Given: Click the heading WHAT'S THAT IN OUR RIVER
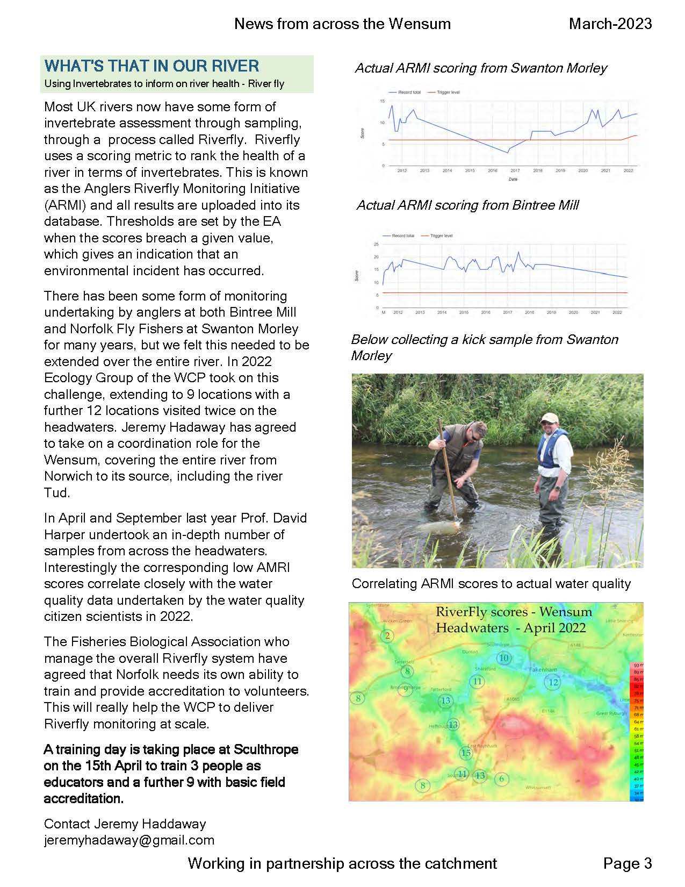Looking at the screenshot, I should (x=152, y=66).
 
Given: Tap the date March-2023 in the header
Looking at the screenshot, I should (x=610, y=24).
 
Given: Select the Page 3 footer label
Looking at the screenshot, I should (x=627, y=863).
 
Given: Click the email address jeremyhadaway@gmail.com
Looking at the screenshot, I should (x=129, y=840).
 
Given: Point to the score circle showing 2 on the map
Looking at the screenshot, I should (x=387, y=636).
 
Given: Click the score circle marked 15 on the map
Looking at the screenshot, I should (x=466, y=753).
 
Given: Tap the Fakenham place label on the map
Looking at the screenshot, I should (x=543, y=670).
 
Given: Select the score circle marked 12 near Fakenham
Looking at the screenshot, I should (x=553, y=683).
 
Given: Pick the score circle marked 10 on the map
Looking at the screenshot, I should (x=503, y=658).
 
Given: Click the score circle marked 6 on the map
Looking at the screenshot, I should (x=502, y=778).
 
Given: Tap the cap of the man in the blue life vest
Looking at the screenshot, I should (x=549, y=418).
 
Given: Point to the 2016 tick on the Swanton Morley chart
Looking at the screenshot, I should (x=492, y=170).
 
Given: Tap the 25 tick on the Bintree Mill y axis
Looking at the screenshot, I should (x=376, y=244).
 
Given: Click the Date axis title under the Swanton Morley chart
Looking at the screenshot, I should (x=513, y=179).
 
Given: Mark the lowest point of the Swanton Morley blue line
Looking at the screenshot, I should (x=507, y=153).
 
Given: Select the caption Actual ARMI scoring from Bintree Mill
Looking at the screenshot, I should (x=467, y=205).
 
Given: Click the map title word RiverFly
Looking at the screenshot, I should (x=458, y=612).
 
